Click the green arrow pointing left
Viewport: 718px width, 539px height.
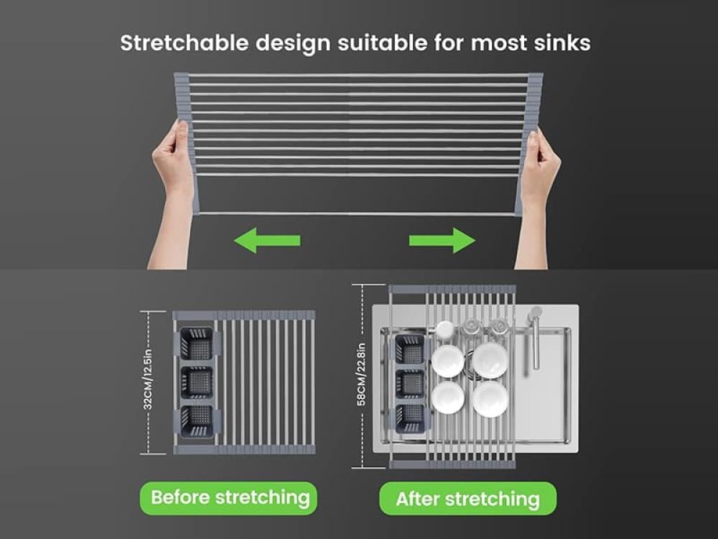[267, 240]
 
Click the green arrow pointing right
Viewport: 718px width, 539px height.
[442, 240]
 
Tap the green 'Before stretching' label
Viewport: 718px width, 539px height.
[228, 498]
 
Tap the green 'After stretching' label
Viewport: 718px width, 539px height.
[467, 499]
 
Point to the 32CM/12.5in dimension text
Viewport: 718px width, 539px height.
[147, 379]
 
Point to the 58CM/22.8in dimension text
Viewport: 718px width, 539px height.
[361, 374]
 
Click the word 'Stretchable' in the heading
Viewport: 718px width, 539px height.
[184, 43]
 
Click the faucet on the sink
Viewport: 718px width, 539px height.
[533, 337]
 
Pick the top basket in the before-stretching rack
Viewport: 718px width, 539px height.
[197, 344]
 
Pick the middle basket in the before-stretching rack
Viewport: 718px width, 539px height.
[197, 382]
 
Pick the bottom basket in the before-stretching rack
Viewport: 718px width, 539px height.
[197, 421]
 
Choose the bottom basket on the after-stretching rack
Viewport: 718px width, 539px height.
[410, 418]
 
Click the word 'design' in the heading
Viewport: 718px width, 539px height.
[293, 44]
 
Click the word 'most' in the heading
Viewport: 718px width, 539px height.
[499, 44]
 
